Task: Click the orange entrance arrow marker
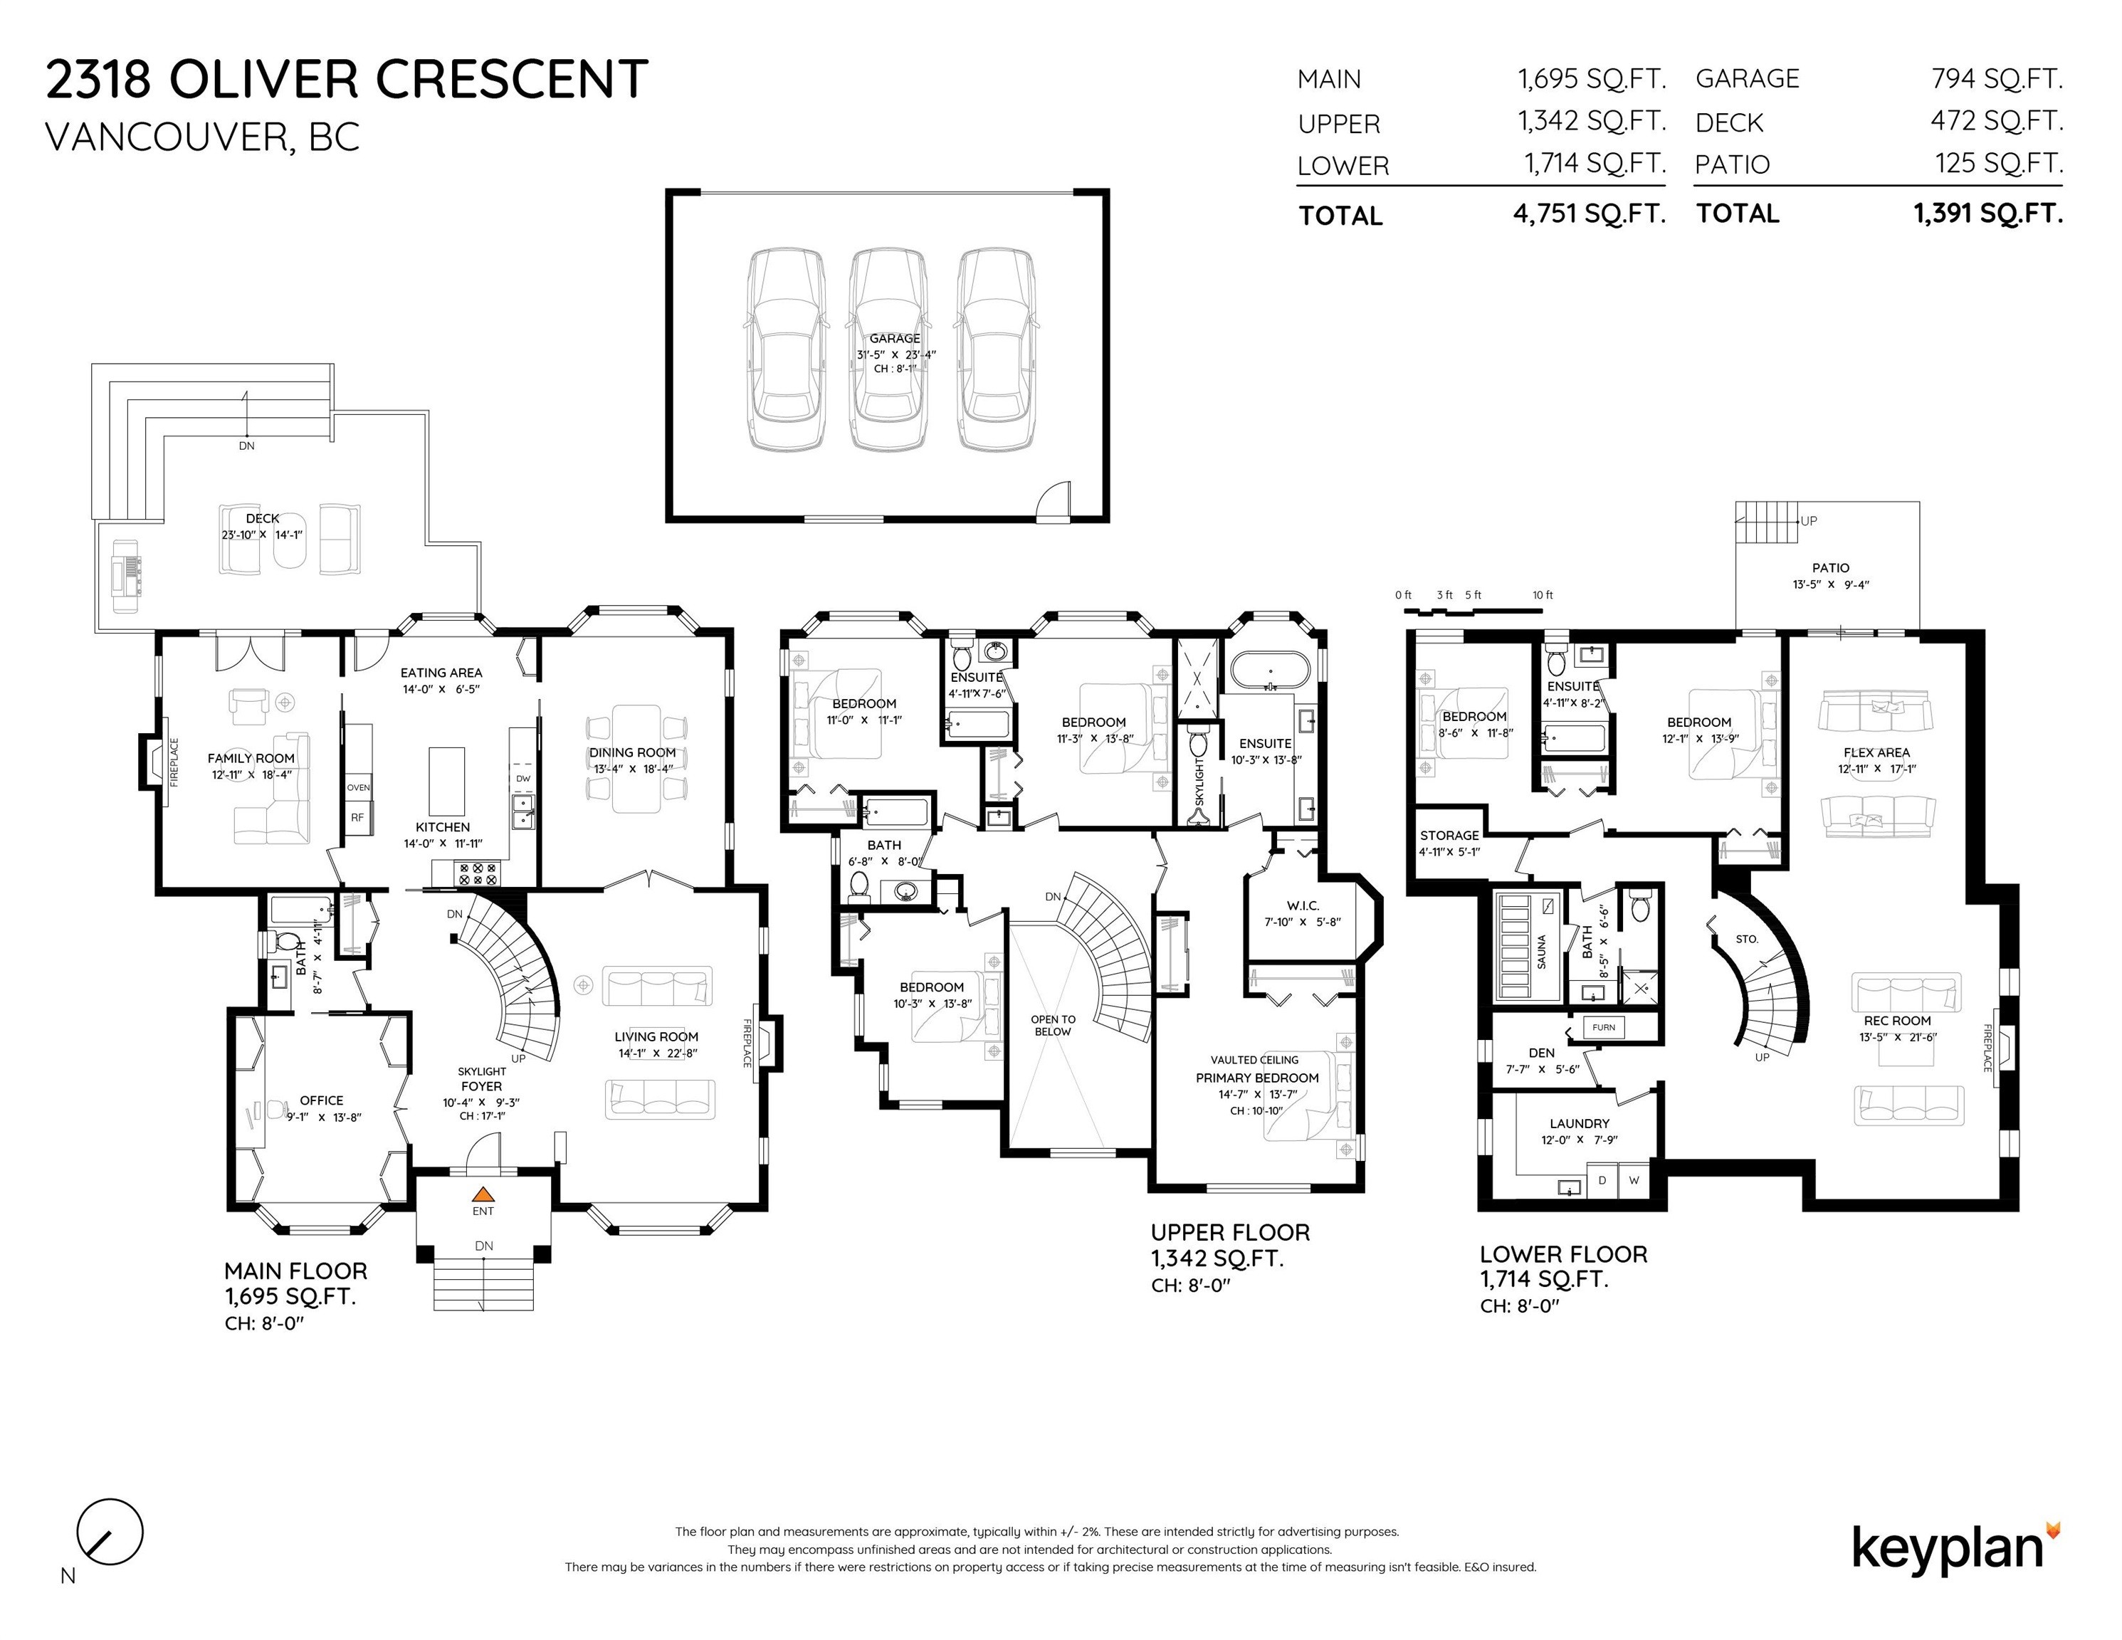click(x=483, y=1194)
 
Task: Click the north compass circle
click(x=110, y=1532)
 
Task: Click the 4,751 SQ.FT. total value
click(x=1589, y=214)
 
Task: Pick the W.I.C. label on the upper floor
click(x=1301, y=905)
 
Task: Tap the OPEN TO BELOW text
click(x=1054, y=1025)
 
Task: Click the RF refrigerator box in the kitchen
click(x=357, y=817)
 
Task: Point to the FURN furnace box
click(x=1603, y=1027)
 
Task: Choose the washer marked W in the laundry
click(x=1634, y=1180)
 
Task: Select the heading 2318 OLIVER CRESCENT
click(x=347, y=79)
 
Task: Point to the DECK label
click(x=263, y=519)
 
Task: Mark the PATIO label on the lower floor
click(x=1831, y=567)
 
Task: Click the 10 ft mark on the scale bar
click(x=1543, y=594)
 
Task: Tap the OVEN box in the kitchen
click(x=357, y=787)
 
